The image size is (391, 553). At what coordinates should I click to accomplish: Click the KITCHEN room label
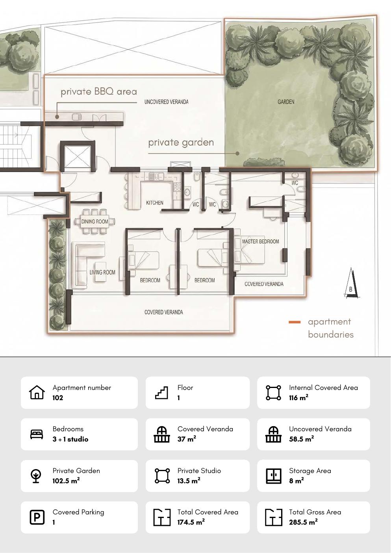154,203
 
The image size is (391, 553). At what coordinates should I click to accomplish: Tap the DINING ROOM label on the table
95,221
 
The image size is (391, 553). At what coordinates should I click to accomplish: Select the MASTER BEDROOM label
260,241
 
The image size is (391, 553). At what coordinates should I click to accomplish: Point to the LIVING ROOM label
102,272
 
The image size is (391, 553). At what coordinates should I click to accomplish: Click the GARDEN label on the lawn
286,102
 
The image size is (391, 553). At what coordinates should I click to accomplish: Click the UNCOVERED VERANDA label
167,102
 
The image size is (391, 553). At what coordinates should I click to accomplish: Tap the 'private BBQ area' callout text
99,92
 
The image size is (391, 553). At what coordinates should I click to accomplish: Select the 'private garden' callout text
181,143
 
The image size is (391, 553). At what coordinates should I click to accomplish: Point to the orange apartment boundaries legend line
295,322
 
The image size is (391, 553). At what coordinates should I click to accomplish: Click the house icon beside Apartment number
37,392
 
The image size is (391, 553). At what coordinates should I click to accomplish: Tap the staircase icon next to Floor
161,393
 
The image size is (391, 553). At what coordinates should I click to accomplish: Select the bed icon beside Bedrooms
37,434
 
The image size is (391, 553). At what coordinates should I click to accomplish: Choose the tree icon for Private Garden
36,476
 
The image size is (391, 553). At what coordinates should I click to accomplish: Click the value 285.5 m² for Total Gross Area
303,522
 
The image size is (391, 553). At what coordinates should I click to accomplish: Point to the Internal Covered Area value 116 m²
299,398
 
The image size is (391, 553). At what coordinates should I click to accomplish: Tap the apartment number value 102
58,398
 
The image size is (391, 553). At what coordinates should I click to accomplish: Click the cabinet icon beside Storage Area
274,476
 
